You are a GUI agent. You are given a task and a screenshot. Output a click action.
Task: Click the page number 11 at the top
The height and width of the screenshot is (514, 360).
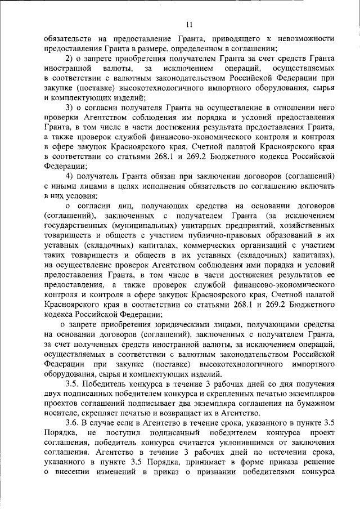(188, 24)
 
